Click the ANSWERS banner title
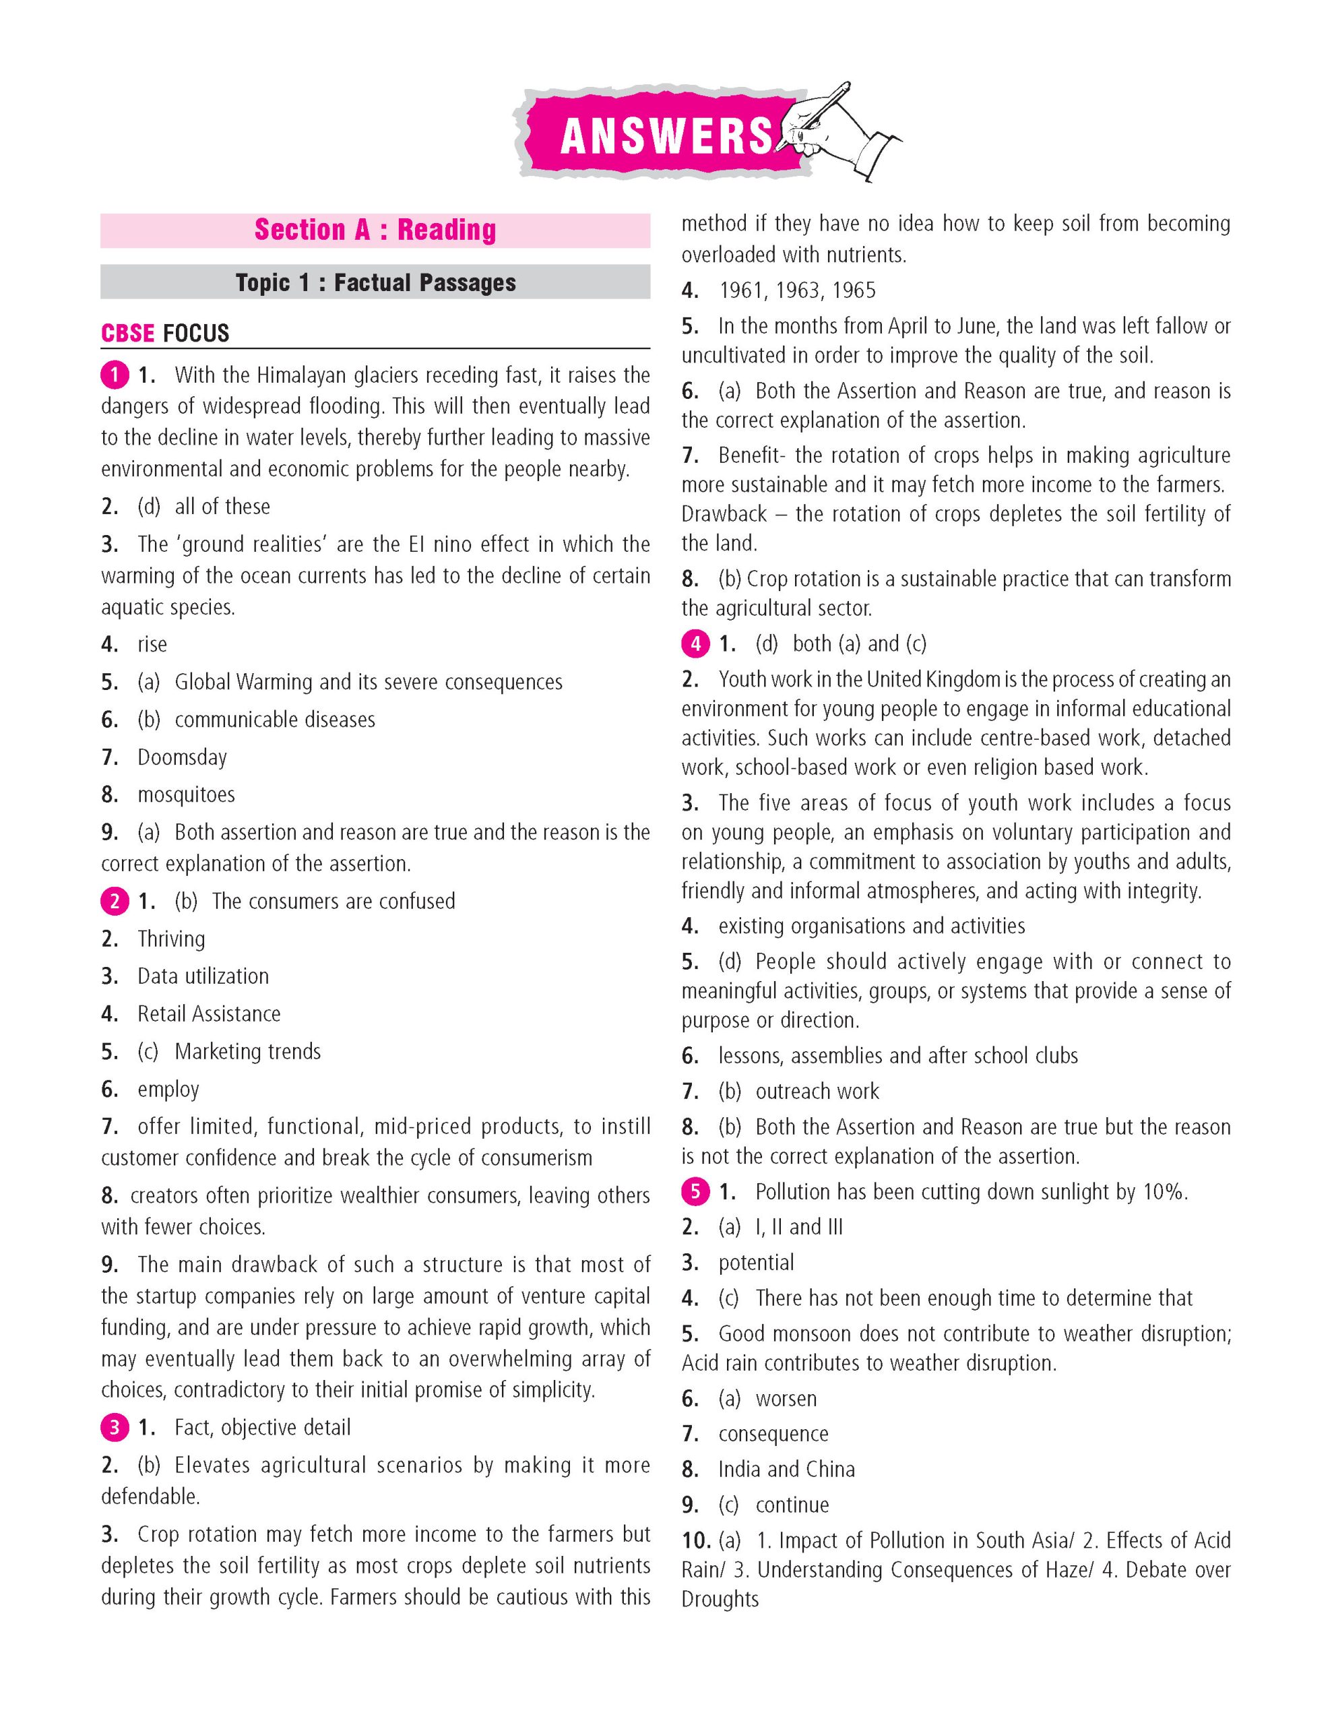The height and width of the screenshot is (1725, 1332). coord(666,136)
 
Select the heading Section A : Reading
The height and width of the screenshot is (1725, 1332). coord(375,230)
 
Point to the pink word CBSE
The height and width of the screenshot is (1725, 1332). coord(128,334)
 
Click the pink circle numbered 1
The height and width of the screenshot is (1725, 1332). coord(115,375)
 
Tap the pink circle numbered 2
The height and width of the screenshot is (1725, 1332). coord(115,901)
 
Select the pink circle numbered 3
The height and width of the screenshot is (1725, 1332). coord(115,1427)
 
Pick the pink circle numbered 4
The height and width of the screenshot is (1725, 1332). coord(695,644)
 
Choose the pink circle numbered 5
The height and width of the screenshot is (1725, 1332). coord(695,1192)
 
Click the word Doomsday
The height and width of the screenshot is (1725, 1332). coord(183,757)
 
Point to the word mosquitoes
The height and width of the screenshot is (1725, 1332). coord(187,794)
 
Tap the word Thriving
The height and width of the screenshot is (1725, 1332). coord(171,939)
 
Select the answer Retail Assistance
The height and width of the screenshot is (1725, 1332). coord(210,1014)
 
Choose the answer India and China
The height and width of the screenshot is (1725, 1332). coord(786,1469)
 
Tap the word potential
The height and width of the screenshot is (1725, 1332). coord(756,1263)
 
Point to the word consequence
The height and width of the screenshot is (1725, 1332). coord(773,1433)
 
